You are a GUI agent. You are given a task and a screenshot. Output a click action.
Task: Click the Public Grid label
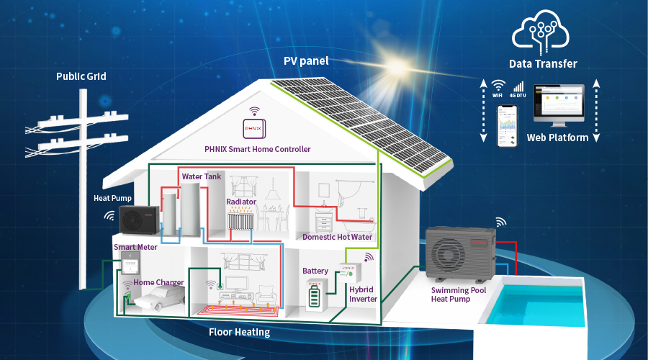click(x=81, y=76)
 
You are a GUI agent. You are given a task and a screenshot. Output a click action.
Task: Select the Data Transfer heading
click(x=543, y=64)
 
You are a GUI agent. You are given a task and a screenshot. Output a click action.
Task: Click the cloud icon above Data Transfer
click(x=542, y=30)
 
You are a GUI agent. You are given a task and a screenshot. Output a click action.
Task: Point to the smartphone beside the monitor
click(x=509, y=125)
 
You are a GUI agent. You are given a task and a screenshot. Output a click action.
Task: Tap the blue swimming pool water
click(x=548, y=300)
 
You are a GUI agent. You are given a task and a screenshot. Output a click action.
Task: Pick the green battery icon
click(x=315, y=295)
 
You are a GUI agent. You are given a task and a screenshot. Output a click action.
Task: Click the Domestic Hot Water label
click(x=337, y=237)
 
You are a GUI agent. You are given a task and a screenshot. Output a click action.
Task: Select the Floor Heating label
click(x=239, y=332)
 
